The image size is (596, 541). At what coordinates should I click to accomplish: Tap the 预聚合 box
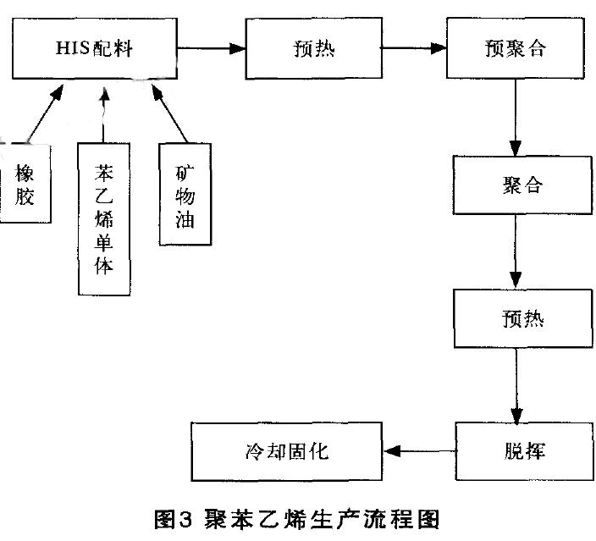tap(514, 47)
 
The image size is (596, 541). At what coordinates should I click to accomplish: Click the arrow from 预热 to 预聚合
tap(414, 48)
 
